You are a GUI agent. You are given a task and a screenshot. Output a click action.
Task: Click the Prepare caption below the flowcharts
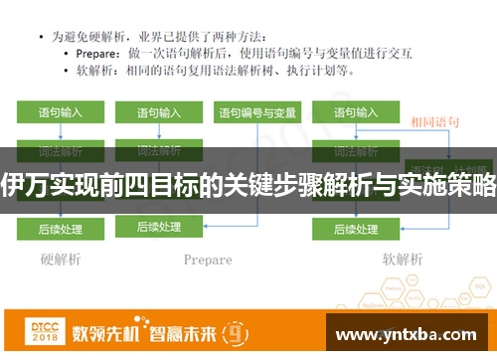coord(208,261)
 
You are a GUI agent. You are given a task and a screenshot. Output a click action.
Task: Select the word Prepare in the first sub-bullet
coord(100,53)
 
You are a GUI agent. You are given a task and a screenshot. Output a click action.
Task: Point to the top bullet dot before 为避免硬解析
coord(41,35)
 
